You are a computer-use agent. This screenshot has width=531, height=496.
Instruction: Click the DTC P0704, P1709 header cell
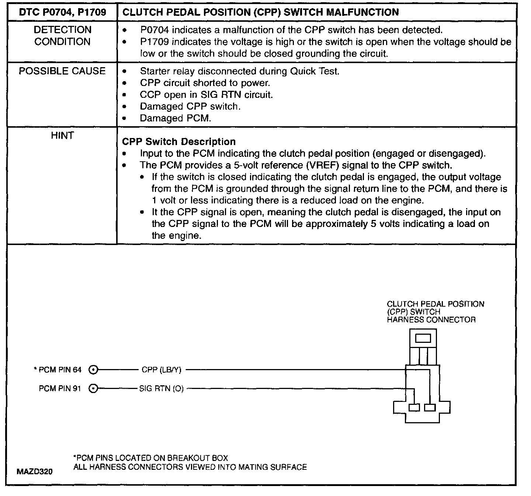(x=62, y=13)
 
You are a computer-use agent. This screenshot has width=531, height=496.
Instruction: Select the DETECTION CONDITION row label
(x=62, y=36)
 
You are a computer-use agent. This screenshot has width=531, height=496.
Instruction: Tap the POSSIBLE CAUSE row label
(x=62, y=71)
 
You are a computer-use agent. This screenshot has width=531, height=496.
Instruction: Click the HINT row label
(x=62, y=136)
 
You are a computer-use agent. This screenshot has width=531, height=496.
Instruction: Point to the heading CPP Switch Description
(x=179, y=142)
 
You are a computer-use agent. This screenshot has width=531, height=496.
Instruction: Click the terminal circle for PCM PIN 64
(x=94, y=369)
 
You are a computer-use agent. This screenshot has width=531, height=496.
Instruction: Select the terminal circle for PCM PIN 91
(x=94, y=388)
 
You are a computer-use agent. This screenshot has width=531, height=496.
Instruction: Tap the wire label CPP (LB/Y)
(x=162, y=369)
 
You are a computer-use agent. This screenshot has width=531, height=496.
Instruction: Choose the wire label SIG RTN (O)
(x=161, y=388)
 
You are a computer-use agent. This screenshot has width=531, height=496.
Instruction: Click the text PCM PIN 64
(x=60, y=369)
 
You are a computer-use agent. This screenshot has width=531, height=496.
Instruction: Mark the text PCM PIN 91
(x=60, y=388)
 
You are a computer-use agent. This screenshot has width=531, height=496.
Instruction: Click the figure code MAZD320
(x=35, y=471)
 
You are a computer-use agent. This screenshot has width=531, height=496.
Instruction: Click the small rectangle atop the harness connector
(x=423, y=338)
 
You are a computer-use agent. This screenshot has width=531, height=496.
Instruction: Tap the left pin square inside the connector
(x=414, y=407)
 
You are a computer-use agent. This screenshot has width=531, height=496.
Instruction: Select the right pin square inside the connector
(x=430, y=407)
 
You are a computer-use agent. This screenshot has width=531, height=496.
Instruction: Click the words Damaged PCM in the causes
(x=176, y=118)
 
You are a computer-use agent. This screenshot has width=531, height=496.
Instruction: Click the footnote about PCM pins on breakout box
(x=151, y=458)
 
